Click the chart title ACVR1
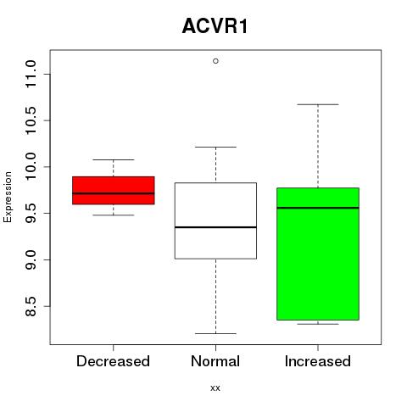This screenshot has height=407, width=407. coord(215,26)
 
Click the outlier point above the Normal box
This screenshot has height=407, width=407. coord(215,61)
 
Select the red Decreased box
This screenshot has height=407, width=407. coord(114,190)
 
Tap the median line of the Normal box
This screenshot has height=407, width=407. coord(215,227)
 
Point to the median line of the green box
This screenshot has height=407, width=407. coord(318,208)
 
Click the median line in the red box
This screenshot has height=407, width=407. coord(114,193)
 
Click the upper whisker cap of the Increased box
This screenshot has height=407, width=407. coord(318,104)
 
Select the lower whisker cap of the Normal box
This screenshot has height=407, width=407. coord(215,333)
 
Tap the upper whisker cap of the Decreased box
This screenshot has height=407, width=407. coord(114,159)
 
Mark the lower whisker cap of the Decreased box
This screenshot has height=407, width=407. coord(114,215)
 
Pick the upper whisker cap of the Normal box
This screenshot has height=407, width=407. coord(215,147)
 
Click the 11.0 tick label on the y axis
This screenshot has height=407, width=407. coord(31,74)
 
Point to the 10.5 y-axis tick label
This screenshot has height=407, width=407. coord(31,120)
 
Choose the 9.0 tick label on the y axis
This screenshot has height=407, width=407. coord(31,259)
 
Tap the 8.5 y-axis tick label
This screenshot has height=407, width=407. coord(31,306)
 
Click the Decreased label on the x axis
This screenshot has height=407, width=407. coord(113,361)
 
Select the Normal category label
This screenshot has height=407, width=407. coord(215,361)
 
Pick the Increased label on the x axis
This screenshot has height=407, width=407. coord(318,361)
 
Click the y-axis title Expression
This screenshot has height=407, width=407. coord(8,198)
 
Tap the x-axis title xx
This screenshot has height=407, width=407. coord(215,388)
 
